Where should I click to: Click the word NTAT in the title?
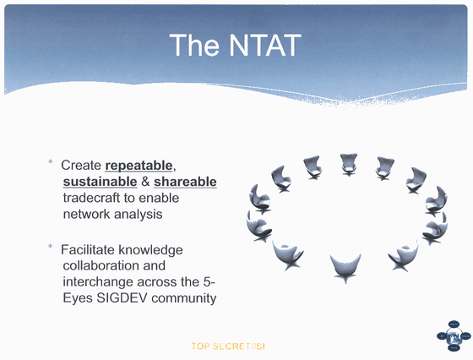click(x=265, y=45)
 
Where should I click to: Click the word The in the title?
click(x=194, y=45)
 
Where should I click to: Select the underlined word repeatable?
click(x=139, y=166)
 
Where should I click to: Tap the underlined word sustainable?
click(x=101, y=182)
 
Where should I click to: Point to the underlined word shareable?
click(x=185, y=182)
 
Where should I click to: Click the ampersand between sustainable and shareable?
click(x=145, y=182)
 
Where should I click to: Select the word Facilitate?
click(x=88, y=249)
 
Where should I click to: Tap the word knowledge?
click(x=150, y=250)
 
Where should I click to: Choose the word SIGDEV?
click(x=122, y=297)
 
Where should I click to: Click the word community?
click(x=184, y=298)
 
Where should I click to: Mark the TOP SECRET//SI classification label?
click(x=228, y=346)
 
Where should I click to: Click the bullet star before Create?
click(x=51, y=162)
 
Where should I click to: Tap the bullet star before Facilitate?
click(x=51, y=246)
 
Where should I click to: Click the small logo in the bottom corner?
click(x=454, y=335)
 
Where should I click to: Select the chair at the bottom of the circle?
click(x=345, y=267)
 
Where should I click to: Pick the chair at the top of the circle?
click(x=348, y=164)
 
